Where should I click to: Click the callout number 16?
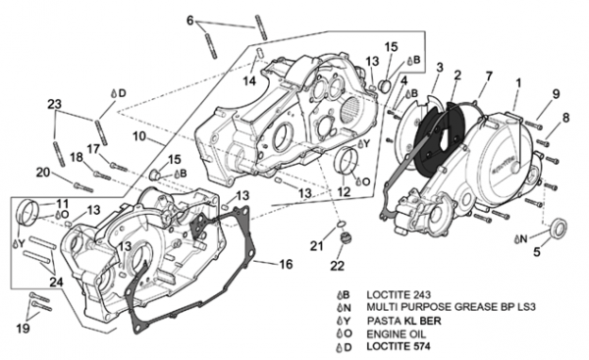pyautogui.click(x=286, y=264)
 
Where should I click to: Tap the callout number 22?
pyautogui.click(x=337, y=266)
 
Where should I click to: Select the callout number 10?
pyautogui.click(x=139, y=136)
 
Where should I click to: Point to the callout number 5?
pyautogui.click(x=537, y=251)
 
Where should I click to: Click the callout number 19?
pyautogui.click(x=23, y=328)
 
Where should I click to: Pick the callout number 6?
pyautogui.click(x=190, y=21)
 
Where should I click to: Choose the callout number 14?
pyautogui.click(x=249, y=80)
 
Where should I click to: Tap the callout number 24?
pyautogui.click(x=56, y=282)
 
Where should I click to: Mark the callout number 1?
pyautogui.click(x=518, y=83)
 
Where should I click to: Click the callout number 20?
pyautogui.click(x=43, y=173)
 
